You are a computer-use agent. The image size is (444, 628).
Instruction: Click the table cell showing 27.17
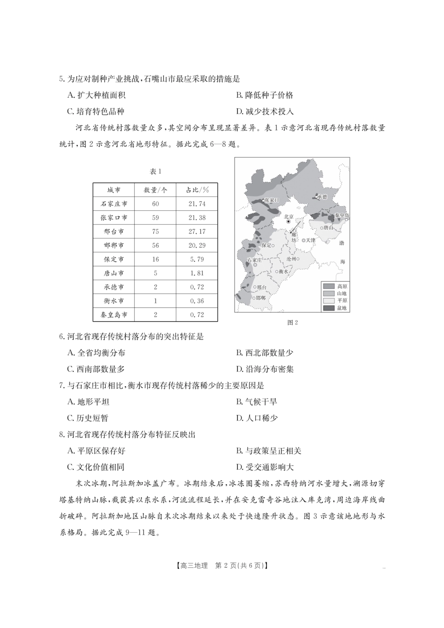(x=197, y=232)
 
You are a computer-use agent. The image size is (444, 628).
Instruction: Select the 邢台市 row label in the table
(x=114, y=232)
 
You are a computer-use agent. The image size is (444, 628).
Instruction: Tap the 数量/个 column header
(x=155, y=190)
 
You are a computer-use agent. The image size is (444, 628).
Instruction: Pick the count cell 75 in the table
(x=155, y=232)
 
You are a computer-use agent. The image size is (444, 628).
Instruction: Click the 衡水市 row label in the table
(x=114, y=301)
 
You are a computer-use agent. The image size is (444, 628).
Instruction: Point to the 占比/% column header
(x=197, y=190)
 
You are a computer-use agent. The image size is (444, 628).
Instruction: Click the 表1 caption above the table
(x=155, y=171)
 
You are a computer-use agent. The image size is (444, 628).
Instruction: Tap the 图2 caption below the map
(x=293, y=322)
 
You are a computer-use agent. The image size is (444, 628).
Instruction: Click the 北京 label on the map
(x=289, y=216)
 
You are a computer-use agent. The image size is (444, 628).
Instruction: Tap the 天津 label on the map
(x=310, y=240)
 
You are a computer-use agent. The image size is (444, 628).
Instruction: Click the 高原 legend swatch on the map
(x=329, y=286)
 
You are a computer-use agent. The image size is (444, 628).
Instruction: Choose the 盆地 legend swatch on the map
(x=329, y=308)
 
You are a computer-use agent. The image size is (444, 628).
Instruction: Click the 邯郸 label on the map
(x=261, y=298)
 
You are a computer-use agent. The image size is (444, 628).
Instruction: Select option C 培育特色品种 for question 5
(x=96, y=112)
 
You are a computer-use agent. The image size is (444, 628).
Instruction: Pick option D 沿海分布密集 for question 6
(x=265, y=369)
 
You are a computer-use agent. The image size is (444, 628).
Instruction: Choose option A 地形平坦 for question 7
(x=88, y=402)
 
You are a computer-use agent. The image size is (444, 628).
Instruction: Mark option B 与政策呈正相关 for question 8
(x=269, y=451)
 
